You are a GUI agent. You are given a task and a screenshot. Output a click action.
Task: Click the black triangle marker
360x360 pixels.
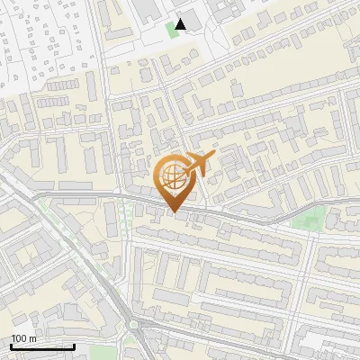click(182, 24)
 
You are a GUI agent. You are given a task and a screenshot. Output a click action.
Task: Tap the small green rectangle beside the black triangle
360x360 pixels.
click(172, 30)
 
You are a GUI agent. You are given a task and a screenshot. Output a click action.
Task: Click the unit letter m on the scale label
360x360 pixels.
click(32, 338)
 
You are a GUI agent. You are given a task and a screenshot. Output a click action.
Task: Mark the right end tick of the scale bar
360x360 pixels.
click(74, 346)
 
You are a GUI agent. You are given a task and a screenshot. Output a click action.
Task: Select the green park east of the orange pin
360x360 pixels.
click(311, 219)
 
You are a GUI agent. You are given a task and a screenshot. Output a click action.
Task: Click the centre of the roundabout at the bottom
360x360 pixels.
click(135, 326)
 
